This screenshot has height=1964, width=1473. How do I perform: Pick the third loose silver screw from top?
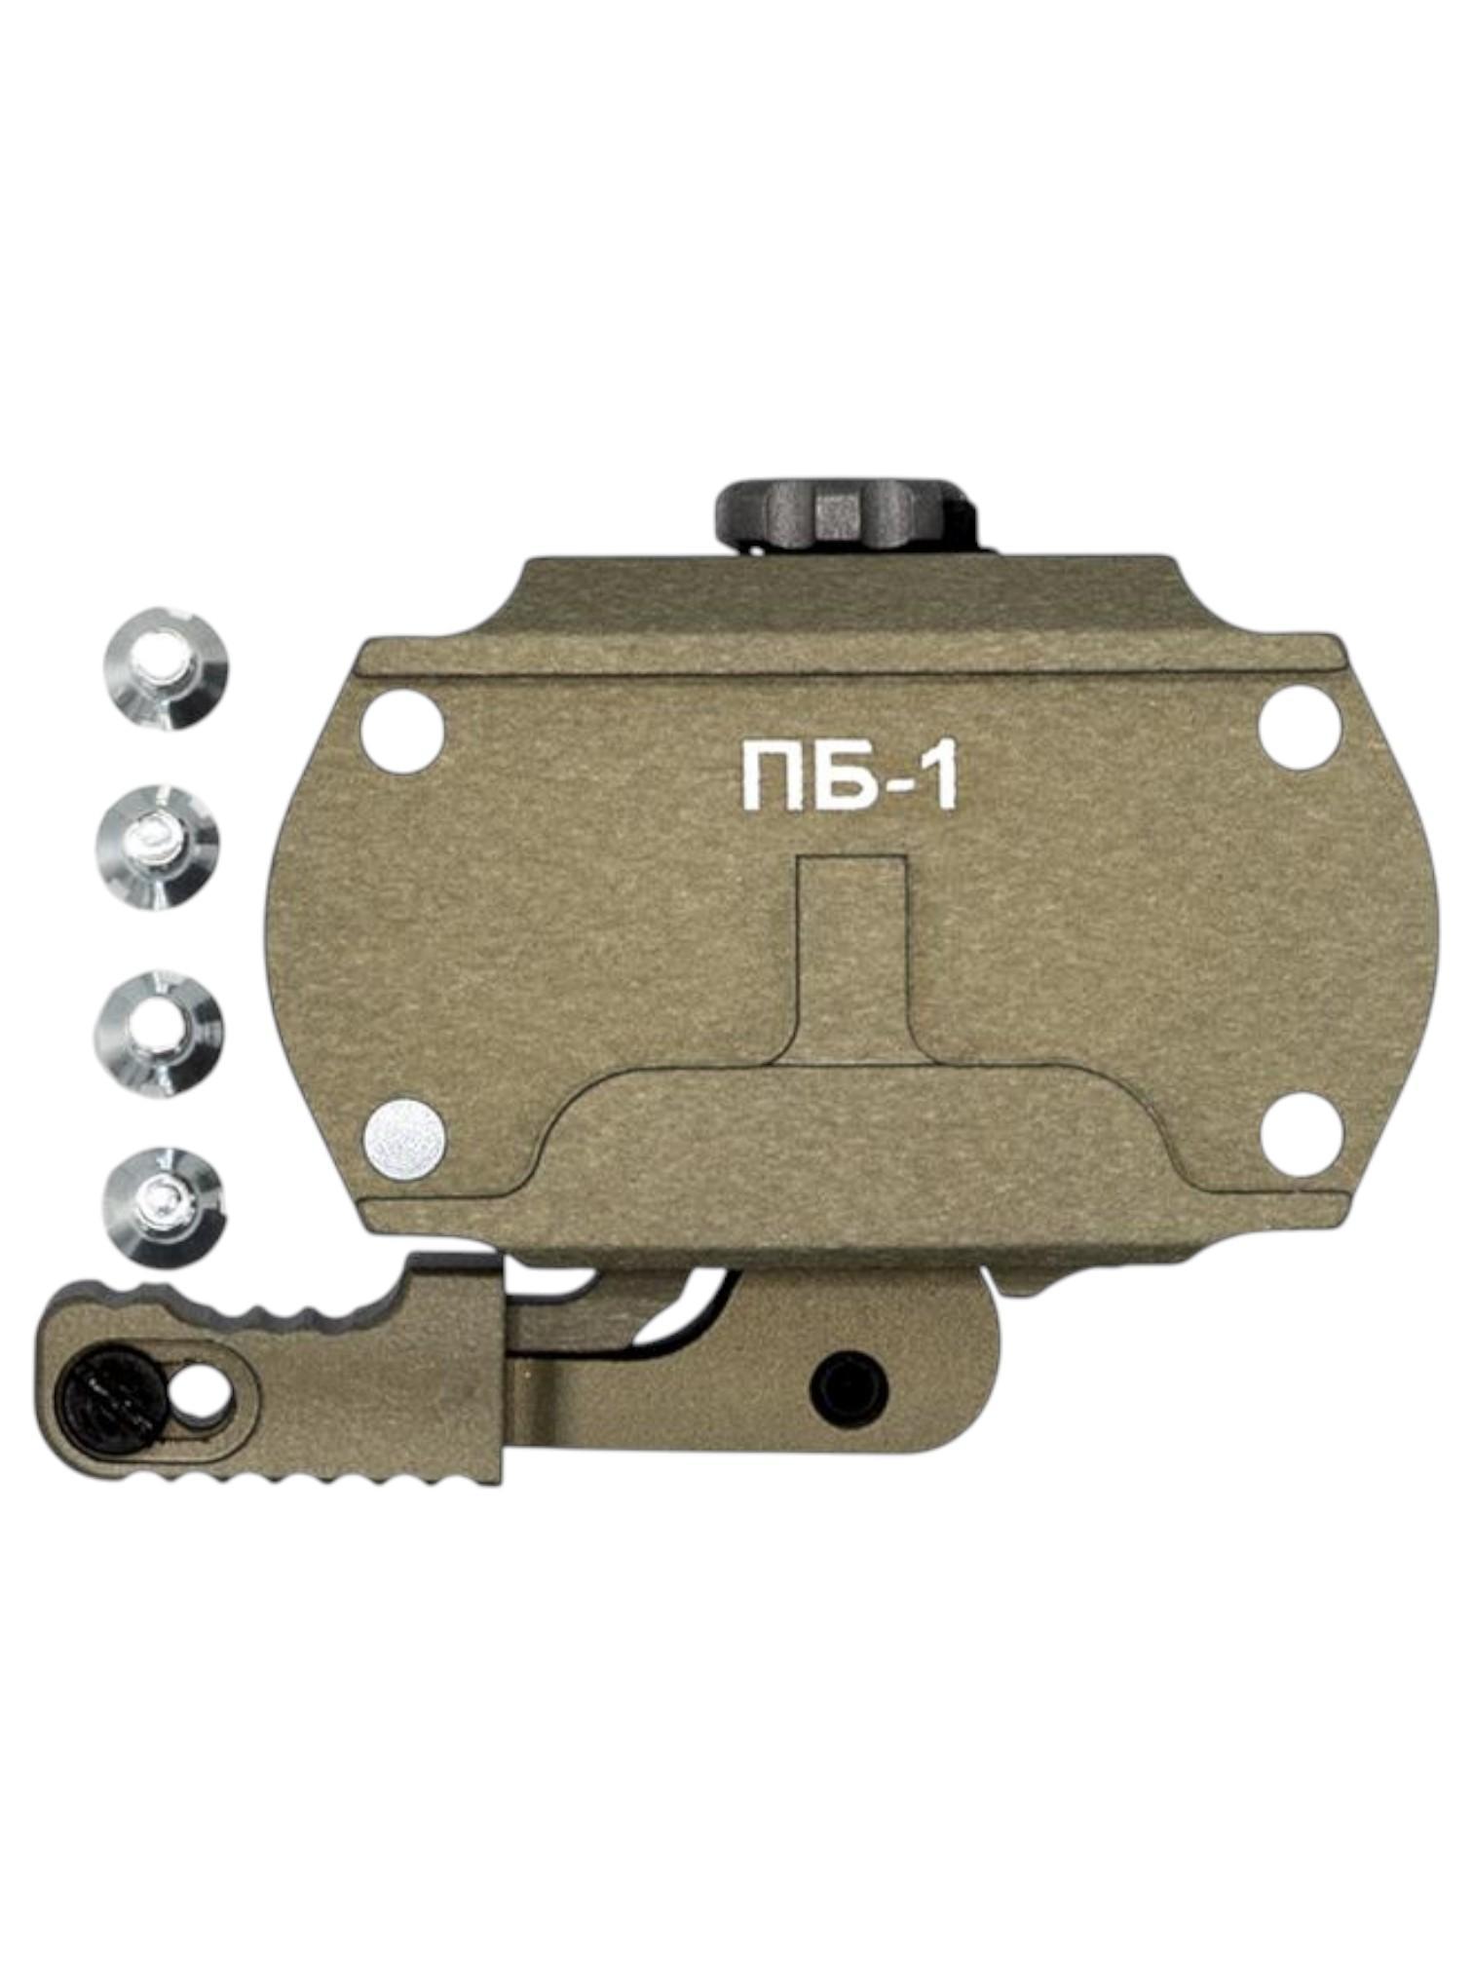pyautogui.click(x=159, y=1028)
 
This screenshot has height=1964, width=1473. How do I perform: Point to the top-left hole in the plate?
pyautogui.click(x=401, y=729)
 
